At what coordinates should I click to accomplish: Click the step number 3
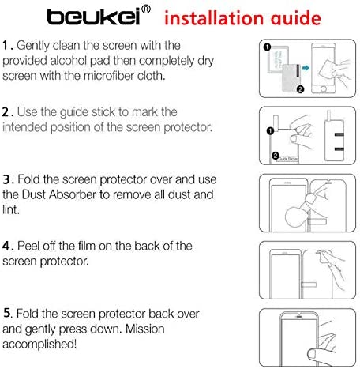point(7,179)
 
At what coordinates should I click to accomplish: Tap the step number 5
point(7,313)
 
